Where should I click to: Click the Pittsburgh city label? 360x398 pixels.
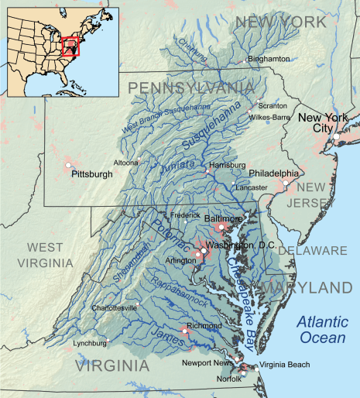[91, 175]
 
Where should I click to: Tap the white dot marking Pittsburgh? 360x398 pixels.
[69, 166]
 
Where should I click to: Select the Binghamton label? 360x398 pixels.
[268, 59]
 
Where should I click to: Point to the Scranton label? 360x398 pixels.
[273, 106]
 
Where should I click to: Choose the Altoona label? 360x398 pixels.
[126, 163]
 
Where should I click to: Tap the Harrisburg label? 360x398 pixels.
[227, 166]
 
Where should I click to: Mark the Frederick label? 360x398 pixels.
[187, 214]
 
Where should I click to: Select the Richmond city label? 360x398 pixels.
[205, 326]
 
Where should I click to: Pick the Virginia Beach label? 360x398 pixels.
[283, 365]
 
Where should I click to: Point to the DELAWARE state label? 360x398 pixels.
[313, 251]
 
